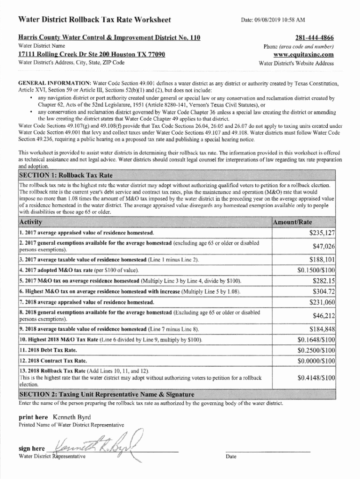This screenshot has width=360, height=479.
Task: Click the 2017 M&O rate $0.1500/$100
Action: coord(316,270)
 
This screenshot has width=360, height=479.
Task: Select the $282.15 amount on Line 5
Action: coord(324,281)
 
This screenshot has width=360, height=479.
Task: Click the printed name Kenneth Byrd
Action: coord(72,417)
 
